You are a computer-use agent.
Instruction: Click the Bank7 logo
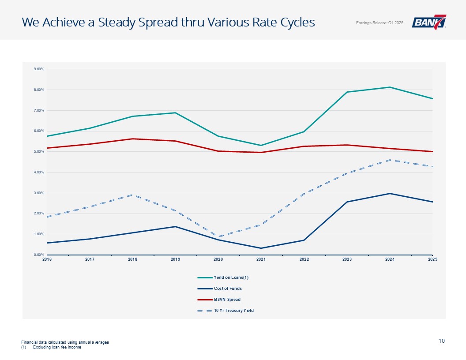pyautogui.click(x=429, y=22)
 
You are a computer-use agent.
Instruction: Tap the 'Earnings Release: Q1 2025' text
pyautogui.click(x=380, y=23)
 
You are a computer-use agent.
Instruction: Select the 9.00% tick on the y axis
pyautogui.click(x=38, y=69)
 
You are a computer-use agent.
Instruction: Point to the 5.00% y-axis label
pyautogui.click(x=38, y=152)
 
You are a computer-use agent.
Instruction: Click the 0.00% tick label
pyautogui.click(x=38, y=255)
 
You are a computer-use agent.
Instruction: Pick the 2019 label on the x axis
pyautogui.click(x=175, y=259)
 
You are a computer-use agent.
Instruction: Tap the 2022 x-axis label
pyautogui.click(x=304, y=259)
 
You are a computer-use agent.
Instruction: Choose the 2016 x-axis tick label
pyautogui.click(x=47, y=259)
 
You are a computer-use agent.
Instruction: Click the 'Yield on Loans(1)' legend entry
pyautogui.click(x=231, y=277)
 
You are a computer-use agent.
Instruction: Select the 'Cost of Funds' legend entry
pyautogui.click(x=228, y=289)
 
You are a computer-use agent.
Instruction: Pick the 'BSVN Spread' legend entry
pyautogui.click(x=227, y=300)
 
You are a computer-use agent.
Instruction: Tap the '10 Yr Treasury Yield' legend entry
pyautogui.click(x=233, y=311)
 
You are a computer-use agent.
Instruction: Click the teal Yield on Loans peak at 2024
pyautogui.click(x=390, y=87)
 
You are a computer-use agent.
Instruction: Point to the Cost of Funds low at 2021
pyautogui.click(x=261, y=248)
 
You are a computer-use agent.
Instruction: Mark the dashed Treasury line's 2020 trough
pyautogui.click(x=218, y=236)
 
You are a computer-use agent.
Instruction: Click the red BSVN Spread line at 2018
pyautogui.click(x=132, y=139)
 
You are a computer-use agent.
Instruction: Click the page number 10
pyautogui.click(x=442, y=341)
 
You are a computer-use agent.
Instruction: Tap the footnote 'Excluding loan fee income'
pyautogui.click(x=57, y=347)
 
